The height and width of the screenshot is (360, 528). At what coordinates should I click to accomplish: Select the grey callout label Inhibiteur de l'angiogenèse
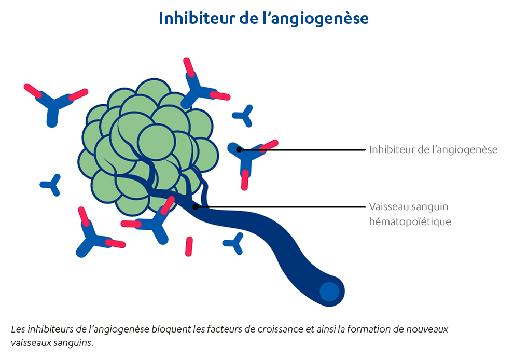(x=433, y=150)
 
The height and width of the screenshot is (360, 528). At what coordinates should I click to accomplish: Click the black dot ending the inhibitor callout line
(x=239, y=150)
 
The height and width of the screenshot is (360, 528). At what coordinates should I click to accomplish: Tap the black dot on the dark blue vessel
(x=196, y=207)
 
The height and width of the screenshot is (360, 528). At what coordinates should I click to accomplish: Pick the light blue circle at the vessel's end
(x=329, y=292)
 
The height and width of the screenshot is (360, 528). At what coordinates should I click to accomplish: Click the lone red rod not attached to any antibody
(x=189, y=246)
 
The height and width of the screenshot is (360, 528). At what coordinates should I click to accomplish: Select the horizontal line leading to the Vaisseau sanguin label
(x=280, y=207)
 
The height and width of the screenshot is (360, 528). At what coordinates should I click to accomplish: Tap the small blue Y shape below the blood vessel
(x=234, y=242)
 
